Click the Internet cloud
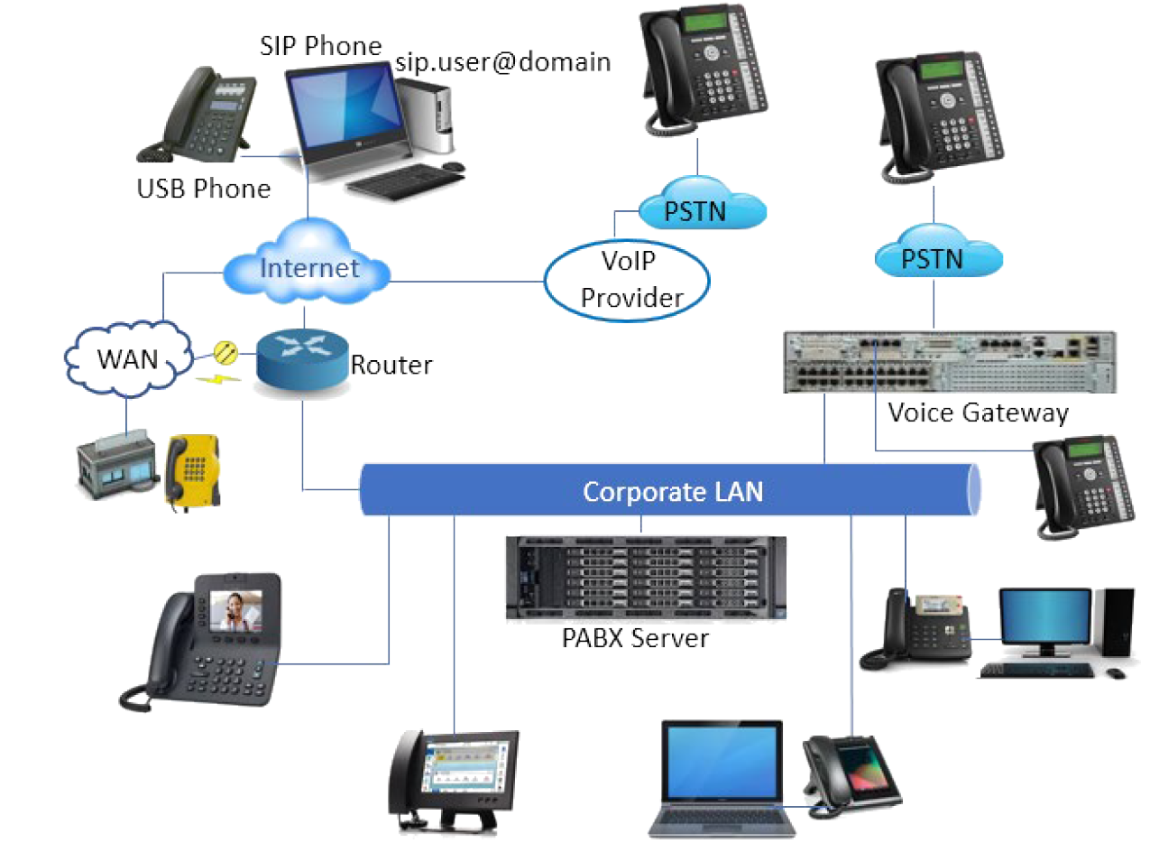tap(308, 267)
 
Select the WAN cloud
tap(126, 359)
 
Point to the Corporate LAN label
tap(672, 492)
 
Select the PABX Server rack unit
tap(645, 578)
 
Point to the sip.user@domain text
tap(503, 62)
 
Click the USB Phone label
tap(204, 189)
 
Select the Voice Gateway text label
tap(978, 413)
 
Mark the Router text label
tap(391, 365)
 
